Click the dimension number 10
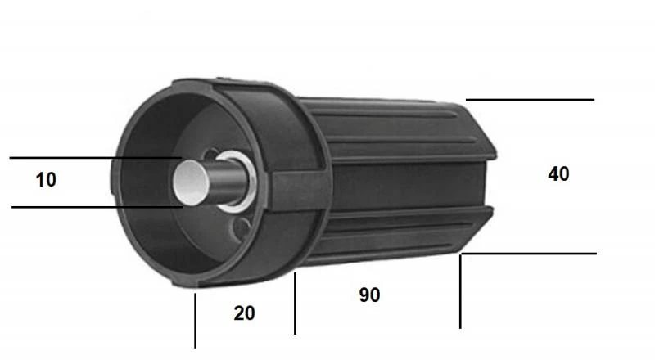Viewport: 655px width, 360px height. (x=47, y=180)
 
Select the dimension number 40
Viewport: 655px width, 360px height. (x=558, y=173)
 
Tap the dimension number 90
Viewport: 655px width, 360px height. (x=369, y=295)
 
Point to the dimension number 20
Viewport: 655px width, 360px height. (x=243, y=313)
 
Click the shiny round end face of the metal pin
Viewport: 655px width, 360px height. (x=189, y=182)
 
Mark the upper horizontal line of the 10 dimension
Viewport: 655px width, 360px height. (x=90, y=157)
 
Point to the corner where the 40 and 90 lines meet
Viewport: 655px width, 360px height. (x=462, y=254)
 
